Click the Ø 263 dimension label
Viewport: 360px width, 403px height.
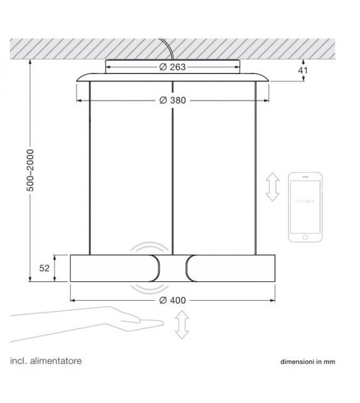[x=172, y=67]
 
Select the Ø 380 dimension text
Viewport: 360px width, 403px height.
[x=172, y=100]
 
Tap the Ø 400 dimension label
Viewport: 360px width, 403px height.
[x=172, y=300]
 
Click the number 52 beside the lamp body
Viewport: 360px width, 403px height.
[x=45, y=268]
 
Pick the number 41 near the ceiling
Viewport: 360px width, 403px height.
[x=304, y=71]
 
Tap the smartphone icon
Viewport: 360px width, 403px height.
[x=305, y=207]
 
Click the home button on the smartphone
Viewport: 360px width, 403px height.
[x=305, y=237]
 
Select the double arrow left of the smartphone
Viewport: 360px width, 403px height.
[x=272, y=187]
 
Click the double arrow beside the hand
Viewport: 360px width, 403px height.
[x=182, y=326]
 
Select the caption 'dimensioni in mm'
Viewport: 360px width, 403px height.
[x=307, y=362]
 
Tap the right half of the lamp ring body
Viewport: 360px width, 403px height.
[x=232, y=268]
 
